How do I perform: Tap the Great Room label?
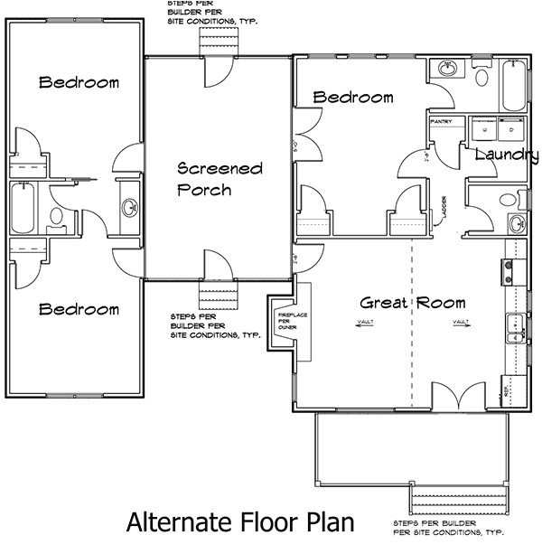413,303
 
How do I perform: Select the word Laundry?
500,155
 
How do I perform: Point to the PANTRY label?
443,120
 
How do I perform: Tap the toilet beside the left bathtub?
54,216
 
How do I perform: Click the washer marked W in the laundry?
485,128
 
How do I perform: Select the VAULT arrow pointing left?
365,321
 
